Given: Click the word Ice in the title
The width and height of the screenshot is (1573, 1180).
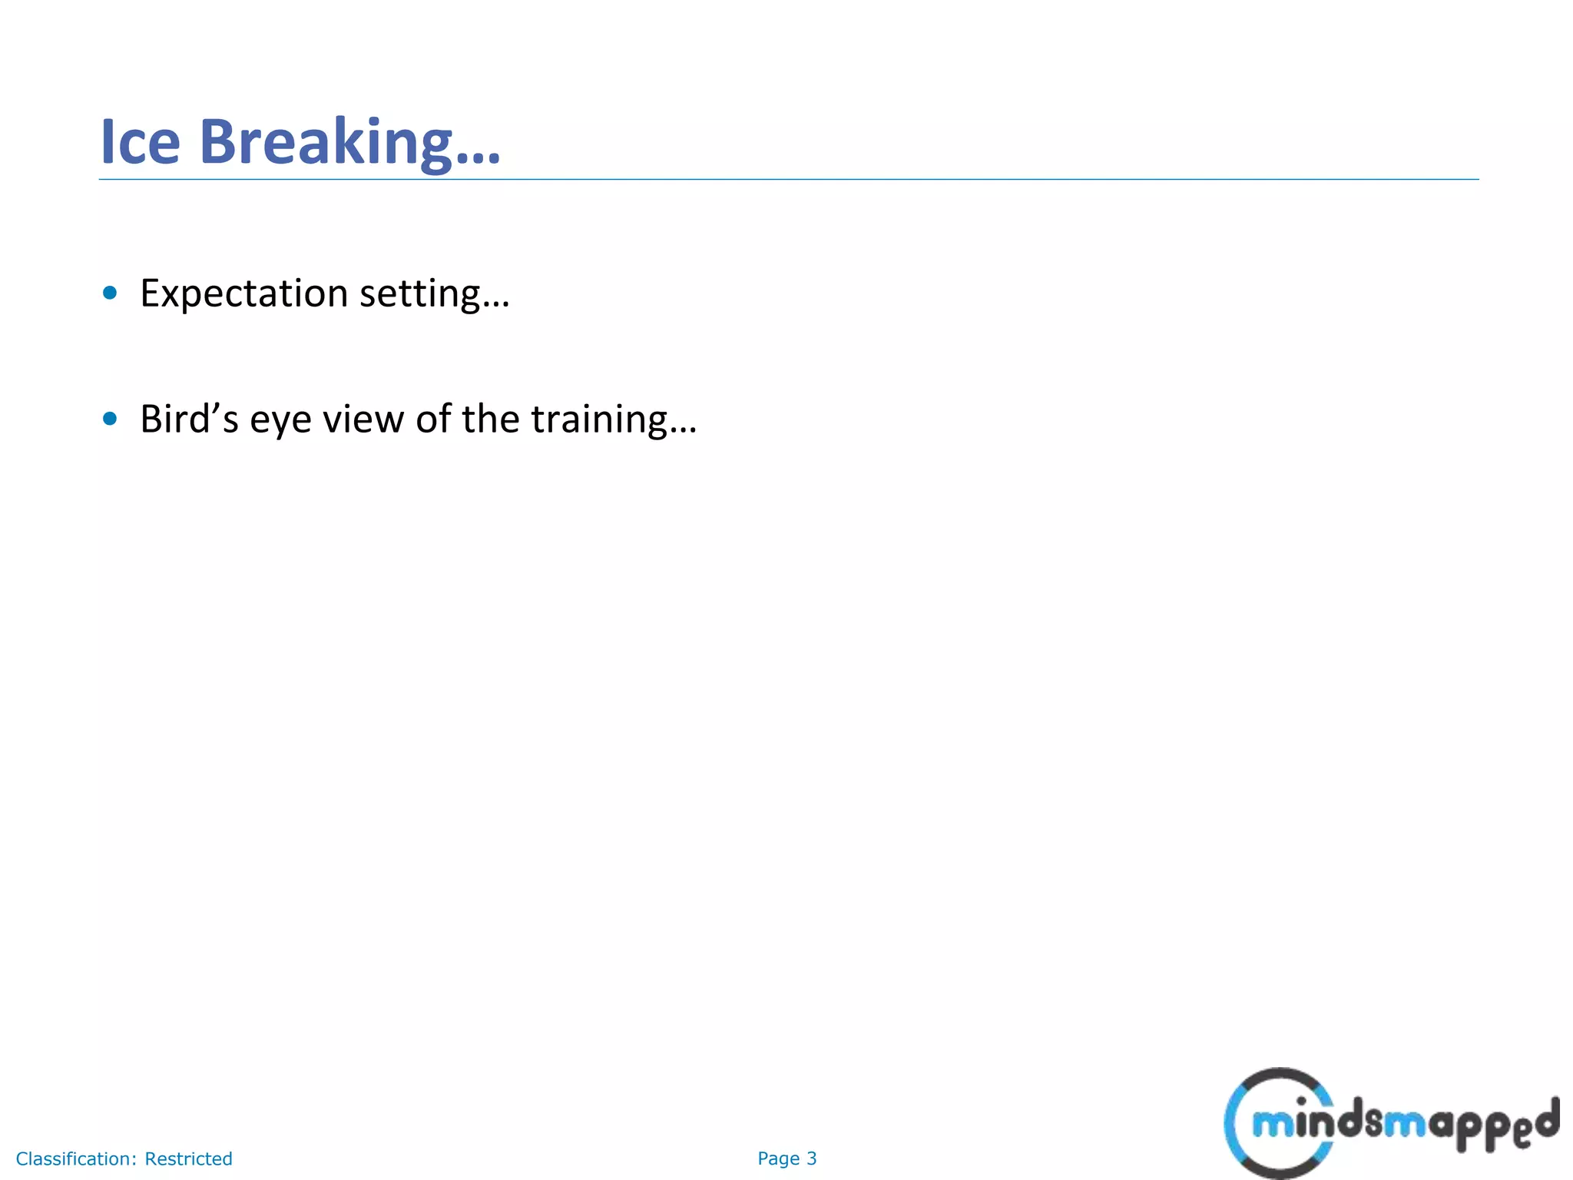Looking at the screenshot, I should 140,142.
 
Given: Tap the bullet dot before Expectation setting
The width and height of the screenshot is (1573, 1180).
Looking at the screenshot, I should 110,293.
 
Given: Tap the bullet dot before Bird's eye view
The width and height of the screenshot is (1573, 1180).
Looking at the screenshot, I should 110,419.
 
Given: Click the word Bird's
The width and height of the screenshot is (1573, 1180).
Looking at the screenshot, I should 189,419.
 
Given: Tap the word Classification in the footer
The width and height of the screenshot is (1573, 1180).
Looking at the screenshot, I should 75,1158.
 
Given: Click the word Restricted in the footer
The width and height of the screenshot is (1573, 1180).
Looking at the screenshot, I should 188,1158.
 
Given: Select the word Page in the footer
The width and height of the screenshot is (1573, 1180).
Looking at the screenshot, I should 778,1158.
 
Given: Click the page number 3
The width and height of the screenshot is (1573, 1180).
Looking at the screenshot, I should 812,1158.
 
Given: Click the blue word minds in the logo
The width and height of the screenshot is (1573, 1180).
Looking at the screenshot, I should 1306,1123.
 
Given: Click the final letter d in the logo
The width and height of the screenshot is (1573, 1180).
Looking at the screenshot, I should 1547,1118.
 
